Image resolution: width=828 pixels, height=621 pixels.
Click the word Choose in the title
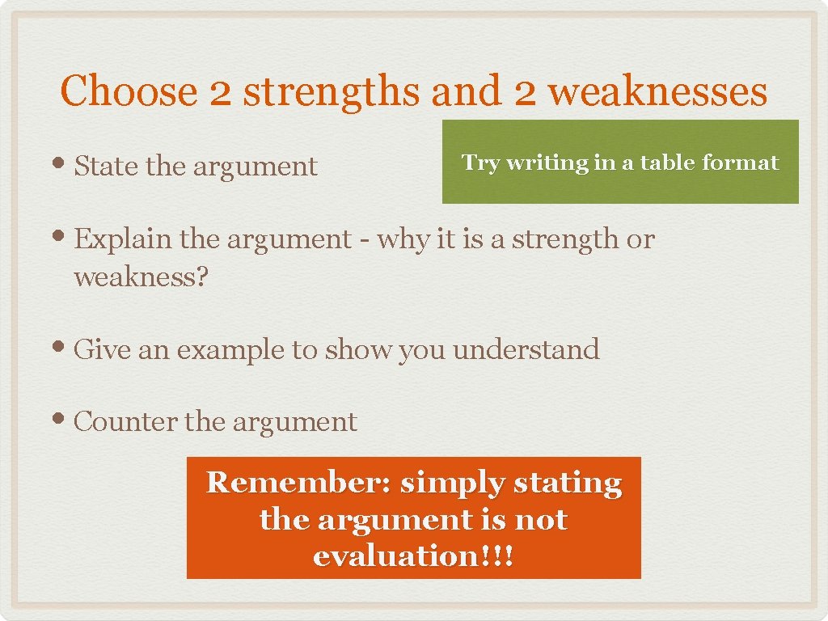[x=128, y=91]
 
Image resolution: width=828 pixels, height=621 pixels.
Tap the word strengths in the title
[x=332, y=91]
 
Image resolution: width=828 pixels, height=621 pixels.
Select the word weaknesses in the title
[x=657, y=91]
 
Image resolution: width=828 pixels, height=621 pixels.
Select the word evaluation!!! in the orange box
[x=412, y=556]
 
